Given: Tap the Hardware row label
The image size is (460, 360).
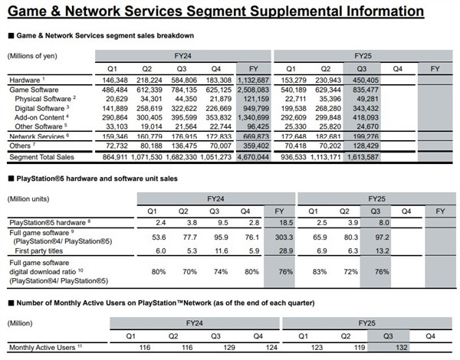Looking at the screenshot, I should point(24,80).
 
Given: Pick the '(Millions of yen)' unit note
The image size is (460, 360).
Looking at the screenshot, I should point(34,56).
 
